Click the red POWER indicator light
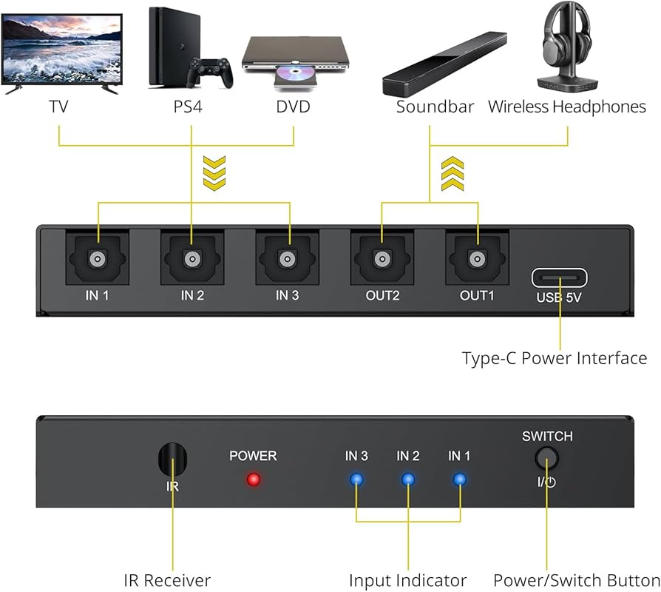(x=254, y=480)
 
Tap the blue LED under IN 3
(x=356, y=480)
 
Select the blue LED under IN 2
(x=408, y=480)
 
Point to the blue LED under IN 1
(x=460, y=480)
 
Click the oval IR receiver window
(x=172, y=460)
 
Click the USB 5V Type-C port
(x=560, y=277)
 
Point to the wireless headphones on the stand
(x=567, y=48)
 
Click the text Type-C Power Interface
(x=554, y=358)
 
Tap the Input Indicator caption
(x=407, y=580)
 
